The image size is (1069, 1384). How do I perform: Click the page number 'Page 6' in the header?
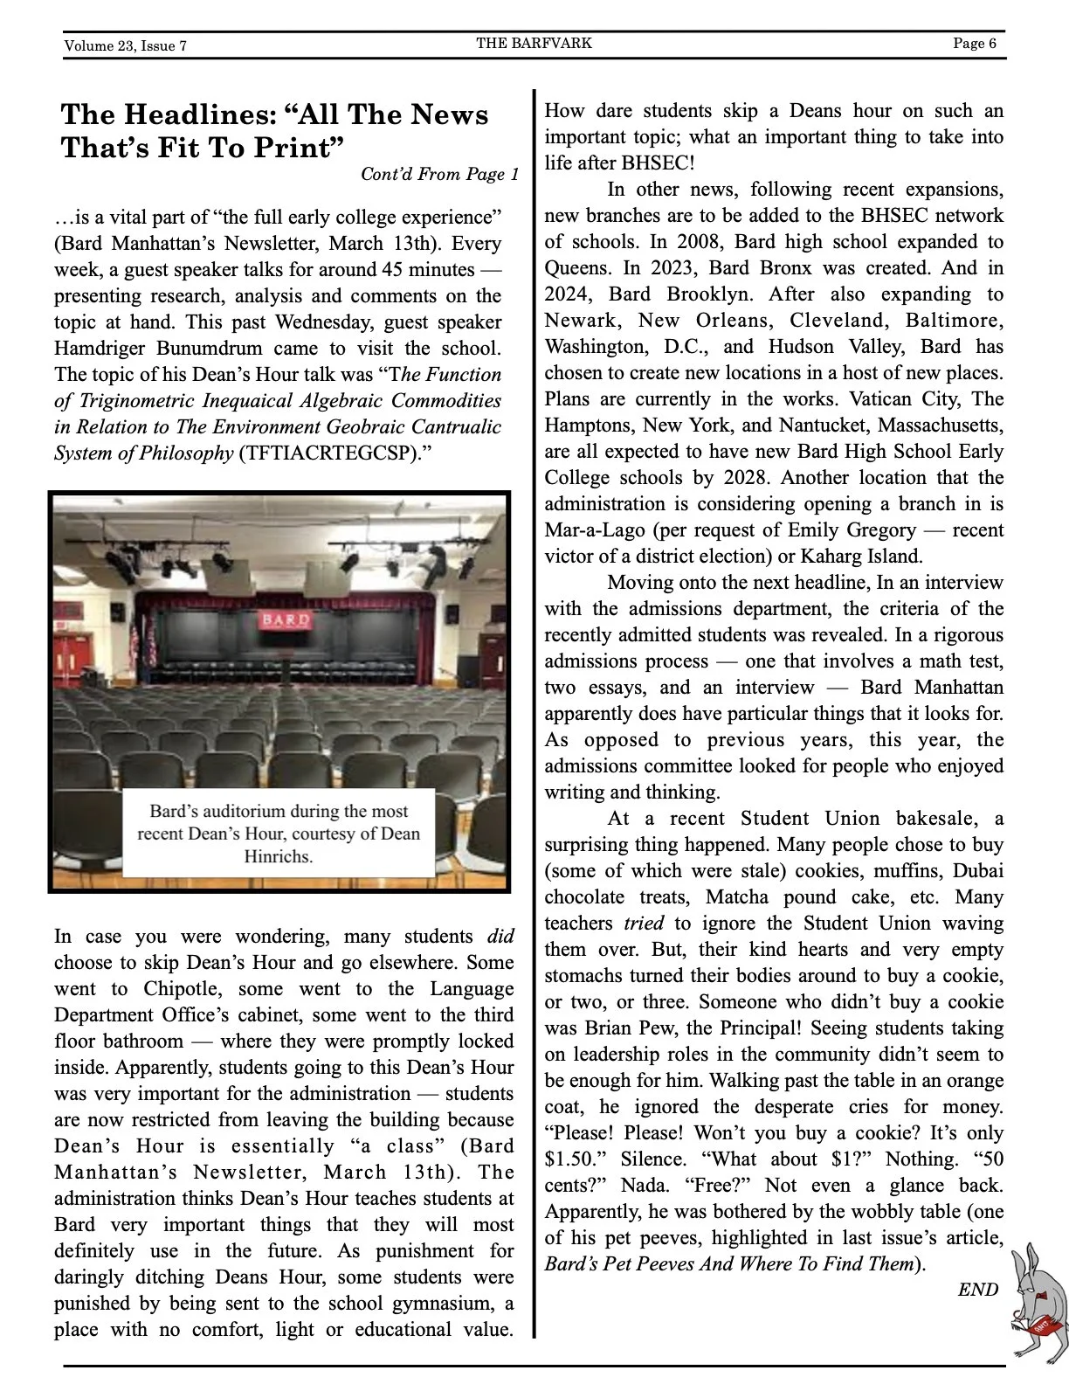click(974, 44)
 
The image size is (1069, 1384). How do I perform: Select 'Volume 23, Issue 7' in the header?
click(125, 45)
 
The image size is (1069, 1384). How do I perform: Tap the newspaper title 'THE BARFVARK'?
click(534, 43)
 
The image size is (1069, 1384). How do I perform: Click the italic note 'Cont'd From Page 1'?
click(439, 174)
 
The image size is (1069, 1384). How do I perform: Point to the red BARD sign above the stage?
click(285, 620)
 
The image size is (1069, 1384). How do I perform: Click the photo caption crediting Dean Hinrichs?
click(279, 834)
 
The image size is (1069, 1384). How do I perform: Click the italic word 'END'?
click(977, 1290)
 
